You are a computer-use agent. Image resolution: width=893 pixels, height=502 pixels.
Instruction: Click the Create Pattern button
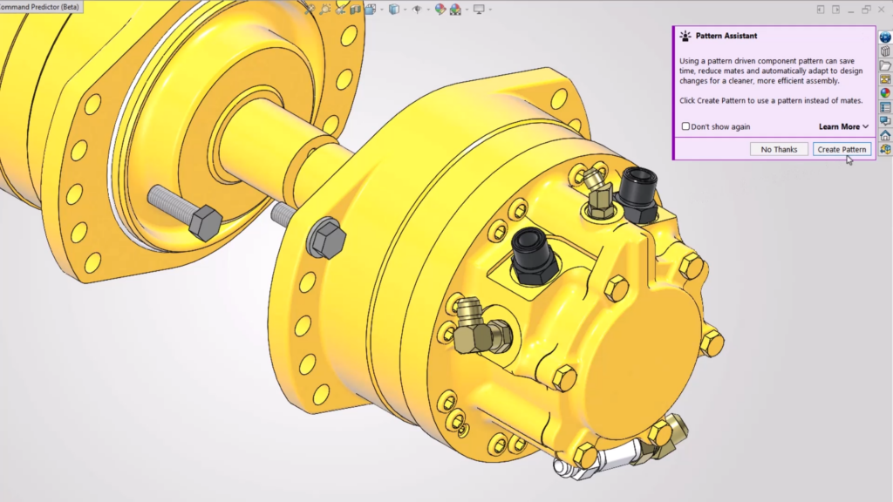pyautogui.click(x=842, y=149)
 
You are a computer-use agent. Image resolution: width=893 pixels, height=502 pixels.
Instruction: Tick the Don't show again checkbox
pyautogui.click(x=685, y=126)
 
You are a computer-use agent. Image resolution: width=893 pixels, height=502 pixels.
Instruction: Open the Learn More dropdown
pyautogui.click(x=843, y=126)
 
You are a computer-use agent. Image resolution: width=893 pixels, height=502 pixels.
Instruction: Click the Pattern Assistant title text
pyautogui.click(x=726, y=36)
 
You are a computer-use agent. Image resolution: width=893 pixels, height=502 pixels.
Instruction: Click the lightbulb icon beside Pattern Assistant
pyautogui.click(x=685, y=36)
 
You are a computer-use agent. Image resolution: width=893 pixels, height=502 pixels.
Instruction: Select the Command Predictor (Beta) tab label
pyautogui.click(x=39, y=7)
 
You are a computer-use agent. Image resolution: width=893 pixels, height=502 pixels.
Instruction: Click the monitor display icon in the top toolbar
pyautogui.click(x=479, y=10)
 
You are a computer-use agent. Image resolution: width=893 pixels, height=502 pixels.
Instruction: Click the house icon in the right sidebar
pyautogui.click(x=885, y=135)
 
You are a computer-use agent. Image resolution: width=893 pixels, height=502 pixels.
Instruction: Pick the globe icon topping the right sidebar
pyautogui.click(x=885, y=37)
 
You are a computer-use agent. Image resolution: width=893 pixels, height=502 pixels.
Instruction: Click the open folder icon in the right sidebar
pyautogui.click(x=885, y=65)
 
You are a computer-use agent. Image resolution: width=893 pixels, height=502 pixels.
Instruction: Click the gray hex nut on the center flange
pyautogui.click(x=327, y=238)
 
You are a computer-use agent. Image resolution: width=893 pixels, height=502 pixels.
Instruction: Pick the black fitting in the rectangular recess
pyautogui.click(x=529, y=254)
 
